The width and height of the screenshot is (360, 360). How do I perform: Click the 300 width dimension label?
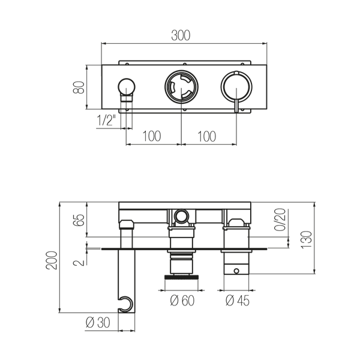181,35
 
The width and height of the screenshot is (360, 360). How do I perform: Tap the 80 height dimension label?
79,87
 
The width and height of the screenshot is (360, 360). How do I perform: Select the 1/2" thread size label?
106,121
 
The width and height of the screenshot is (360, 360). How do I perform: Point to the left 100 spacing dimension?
152,136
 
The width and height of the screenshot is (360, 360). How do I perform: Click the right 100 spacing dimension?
206,136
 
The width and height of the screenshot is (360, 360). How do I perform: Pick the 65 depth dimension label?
79,220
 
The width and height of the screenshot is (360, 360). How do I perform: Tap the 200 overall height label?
51,260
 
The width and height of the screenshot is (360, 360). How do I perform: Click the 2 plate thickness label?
79,262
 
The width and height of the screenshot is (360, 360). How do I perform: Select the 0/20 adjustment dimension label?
280,219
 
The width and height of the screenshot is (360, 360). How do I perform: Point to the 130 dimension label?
307,239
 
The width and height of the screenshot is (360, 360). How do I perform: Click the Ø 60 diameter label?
182,301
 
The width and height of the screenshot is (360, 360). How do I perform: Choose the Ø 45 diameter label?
237,301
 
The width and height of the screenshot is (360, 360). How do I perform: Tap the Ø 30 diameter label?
98,323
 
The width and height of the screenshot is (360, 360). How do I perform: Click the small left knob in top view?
127,87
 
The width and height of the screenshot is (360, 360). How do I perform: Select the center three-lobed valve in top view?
181,87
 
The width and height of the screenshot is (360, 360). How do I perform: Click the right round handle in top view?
236,87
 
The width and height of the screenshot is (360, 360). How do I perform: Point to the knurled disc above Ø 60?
181,277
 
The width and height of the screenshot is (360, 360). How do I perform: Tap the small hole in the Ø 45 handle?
236,271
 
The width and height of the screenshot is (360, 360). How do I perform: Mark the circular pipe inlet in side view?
181,216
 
